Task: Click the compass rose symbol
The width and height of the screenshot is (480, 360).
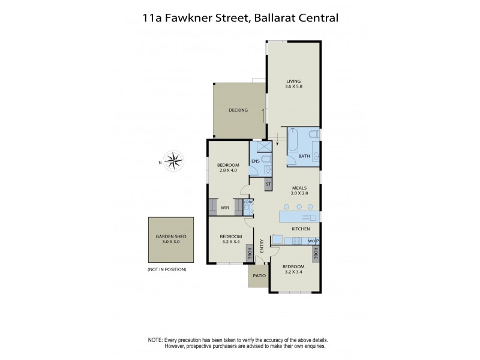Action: (175, 160)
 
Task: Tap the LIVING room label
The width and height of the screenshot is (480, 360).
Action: (293, 81)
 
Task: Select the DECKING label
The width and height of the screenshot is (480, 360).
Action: (238, 110)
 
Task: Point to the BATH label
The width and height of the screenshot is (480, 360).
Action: (304, 157)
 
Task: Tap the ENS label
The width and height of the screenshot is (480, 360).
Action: (255, 161)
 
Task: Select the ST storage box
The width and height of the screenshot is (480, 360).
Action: (268, 184)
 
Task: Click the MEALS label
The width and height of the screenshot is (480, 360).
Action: (299, 187)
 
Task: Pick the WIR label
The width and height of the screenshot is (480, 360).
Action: (225, 208)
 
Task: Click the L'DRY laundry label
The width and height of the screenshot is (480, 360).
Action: (248, 202)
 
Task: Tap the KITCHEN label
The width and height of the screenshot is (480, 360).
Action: (300, 229)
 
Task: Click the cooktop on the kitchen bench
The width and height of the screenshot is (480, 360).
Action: (295, 241)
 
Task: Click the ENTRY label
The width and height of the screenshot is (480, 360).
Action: (262, 246)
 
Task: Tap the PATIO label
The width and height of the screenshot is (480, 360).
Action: (259, 275)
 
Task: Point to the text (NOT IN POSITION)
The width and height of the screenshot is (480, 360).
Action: (167, 269)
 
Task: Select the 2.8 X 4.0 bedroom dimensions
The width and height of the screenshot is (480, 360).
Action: (228, 171)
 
